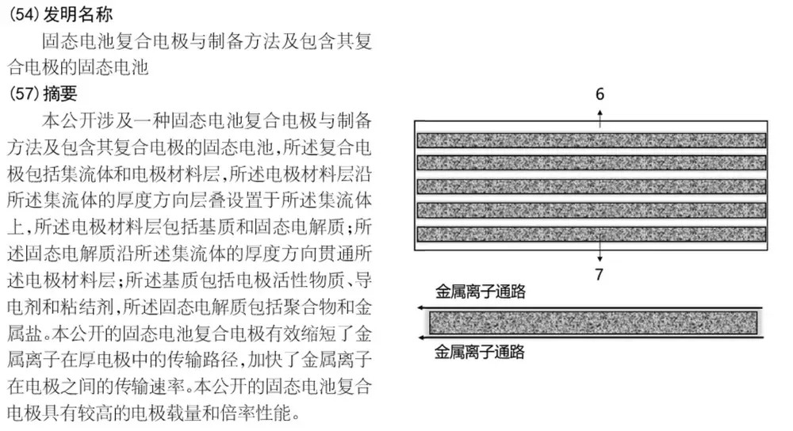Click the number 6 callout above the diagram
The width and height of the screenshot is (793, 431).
tap(600, 94)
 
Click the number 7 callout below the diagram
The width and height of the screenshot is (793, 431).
tap(600, 274)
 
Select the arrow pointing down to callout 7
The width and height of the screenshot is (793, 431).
tap(600, 250)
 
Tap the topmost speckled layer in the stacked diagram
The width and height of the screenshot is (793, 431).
tap(592, 140)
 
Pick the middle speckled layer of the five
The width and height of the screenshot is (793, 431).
tap(592, 186)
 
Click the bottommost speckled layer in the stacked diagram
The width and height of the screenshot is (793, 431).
tap(592, 234)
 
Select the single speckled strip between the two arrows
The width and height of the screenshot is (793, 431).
tap(593, 323)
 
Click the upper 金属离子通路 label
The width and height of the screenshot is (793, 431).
tap(481, 292)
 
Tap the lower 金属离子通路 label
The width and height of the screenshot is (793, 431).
tap(480, 352)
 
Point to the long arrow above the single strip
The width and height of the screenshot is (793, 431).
tap(590, 307)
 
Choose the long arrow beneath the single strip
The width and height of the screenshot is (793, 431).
tap(590, 337)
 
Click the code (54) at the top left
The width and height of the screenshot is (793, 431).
tap(25, 14)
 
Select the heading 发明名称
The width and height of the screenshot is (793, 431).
tap(78, 14)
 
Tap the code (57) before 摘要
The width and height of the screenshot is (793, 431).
tap(25, 93)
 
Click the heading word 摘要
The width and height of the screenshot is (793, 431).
tap(60, 93)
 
